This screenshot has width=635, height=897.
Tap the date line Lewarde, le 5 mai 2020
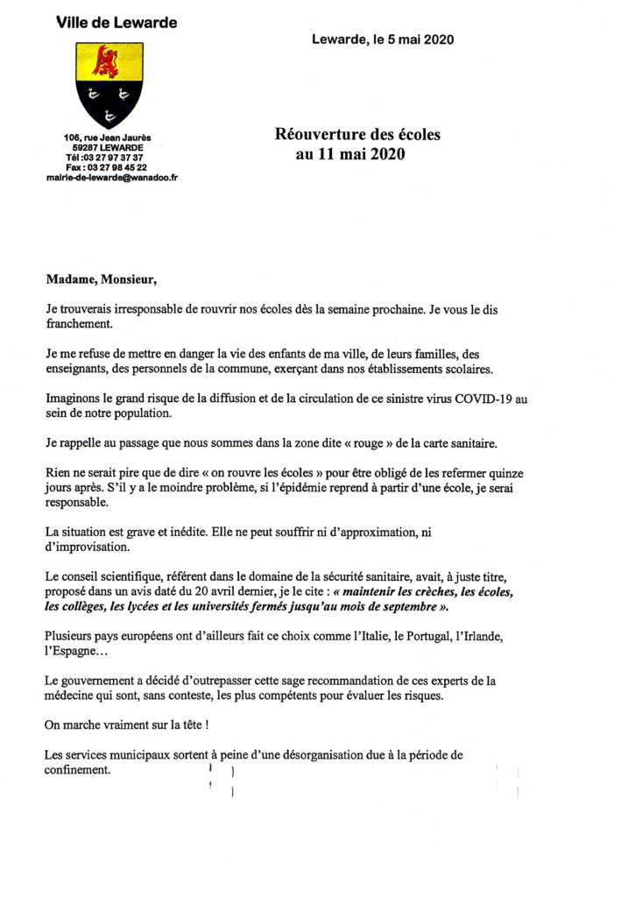click(x=383, y=39)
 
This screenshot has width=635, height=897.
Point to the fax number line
click(x=106, y=166)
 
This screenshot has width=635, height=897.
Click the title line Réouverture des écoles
click(x=358, y=135)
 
